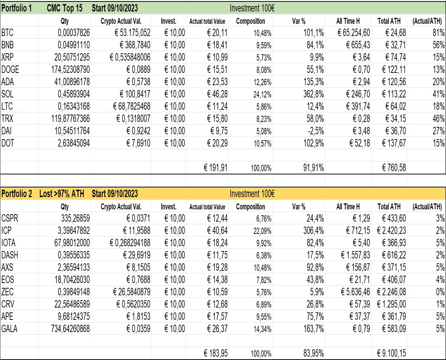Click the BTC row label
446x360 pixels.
(x=7, y=33)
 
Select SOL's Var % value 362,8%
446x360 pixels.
(x=314, y=94)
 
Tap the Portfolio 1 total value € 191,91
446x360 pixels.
(x=216, y=168)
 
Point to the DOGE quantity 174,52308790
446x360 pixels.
(x=71, y=70)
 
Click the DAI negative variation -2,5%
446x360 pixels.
(x=316, y=131)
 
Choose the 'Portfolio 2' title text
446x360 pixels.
(x=17, y=194)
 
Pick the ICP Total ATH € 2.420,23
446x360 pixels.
(x=391, y=230)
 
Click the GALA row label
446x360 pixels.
(x=9, y=329)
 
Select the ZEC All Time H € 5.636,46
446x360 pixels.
(x=355, y=292)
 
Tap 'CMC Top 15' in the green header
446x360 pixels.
(x=65, y=8)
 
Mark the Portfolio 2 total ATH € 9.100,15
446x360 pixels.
(x=391, y=353)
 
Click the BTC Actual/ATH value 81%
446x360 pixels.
(x=439, y=33)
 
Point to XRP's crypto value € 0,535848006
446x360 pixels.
(x=130, y=57)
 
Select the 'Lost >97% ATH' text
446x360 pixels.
(x=62, y=194)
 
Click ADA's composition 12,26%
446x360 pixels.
(x=263, y=82)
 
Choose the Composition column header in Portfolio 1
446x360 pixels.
(x=251, y=21)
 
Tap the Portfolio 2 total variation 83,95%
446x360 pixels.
(x=314, y=353)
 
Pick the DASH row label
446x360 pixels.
(x=10, y=255)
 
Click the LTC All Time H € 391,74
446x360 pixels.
(x=358, y=106)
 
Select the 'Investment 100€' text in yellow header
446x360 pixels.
(x=252, y=194)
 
